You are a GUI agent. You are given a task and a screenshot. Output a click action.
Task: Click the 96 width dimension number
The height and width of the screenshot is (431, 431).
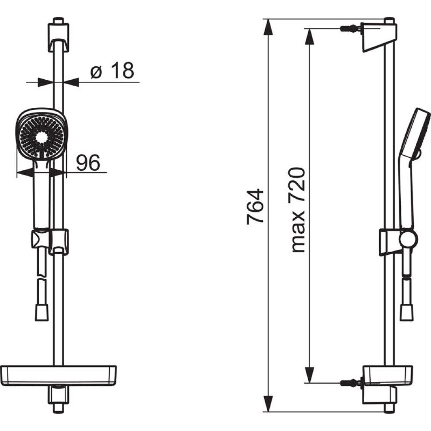87,162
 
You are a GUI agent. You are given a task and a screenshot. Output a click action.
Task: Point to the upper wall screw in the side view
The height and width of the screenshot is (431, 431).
351,28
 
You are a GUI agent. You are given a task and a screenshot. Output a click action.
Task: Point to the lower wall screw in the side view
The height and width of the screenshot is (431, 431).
351,382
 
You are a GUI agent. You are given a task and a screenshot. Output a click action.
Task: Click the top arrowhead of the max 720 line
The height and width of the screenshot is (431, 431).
310,36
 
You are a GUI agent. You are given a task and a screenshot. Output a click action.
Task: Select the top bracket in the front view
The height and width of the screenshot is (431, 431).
58,35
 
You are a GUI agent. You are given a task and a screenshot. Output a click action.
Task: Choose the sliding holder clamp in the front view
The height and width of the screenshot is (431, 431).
50,241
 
